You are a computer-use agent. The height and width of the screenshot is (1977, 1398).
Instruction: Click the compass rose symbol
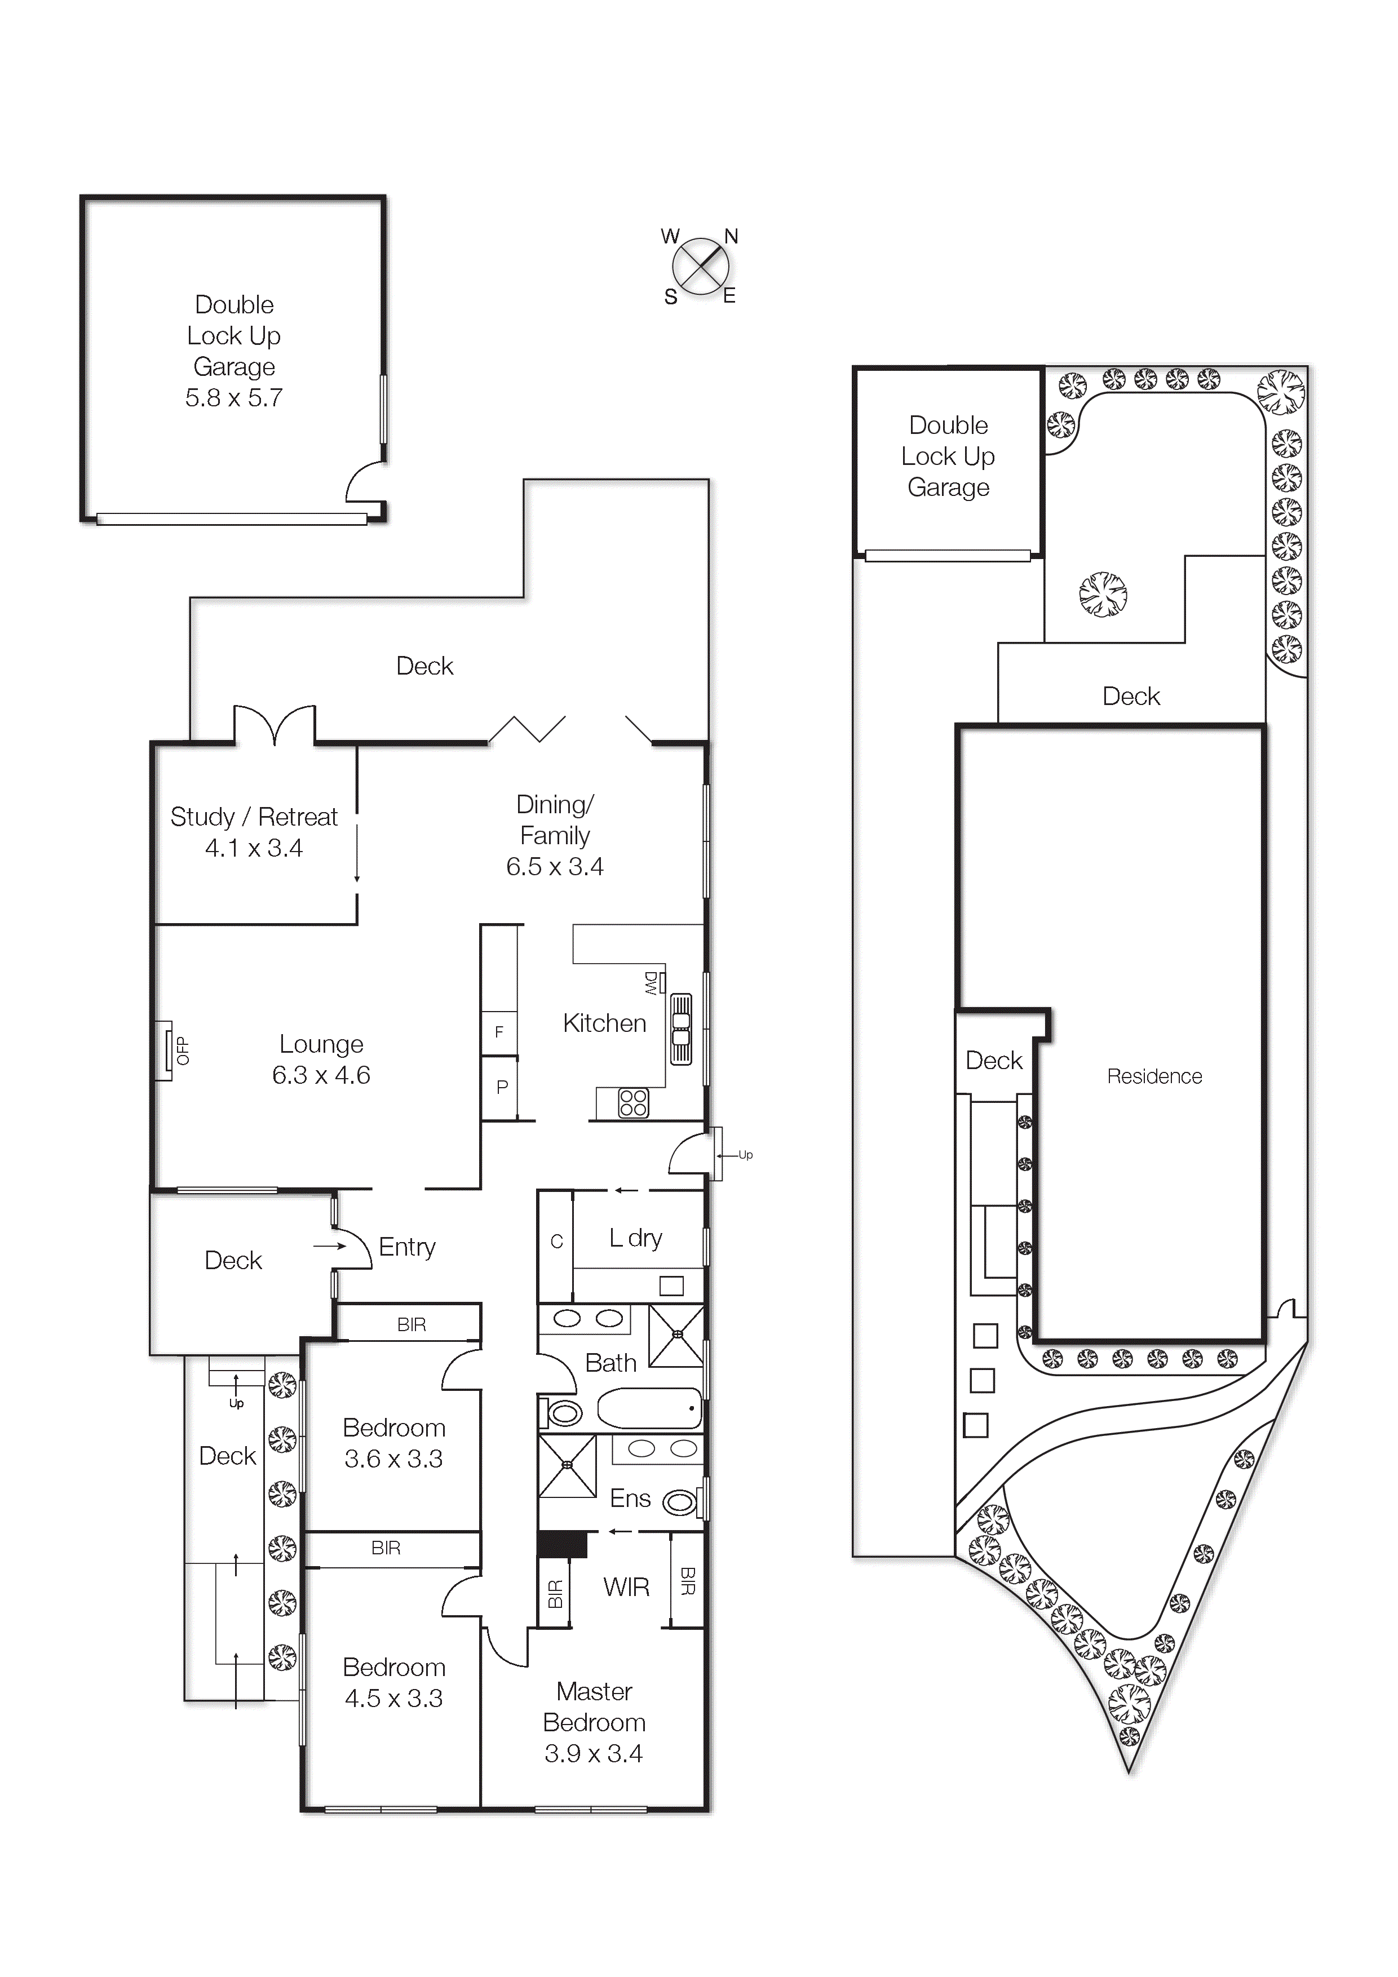700,266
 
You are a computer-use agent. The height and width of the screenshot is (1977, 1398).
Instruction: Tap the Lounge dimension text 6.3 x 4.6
321,1075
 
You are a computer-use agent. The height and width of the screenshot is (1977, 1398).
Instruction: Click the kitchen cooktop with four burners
633,1103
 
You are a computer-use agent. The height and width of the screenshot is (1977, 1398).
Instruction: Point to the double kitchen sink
682,1029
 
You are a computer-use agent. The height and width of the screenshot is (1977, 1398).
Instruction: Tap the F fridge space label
499,1031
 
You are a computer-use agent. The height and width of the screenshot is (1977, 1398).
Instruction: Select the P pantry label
502,1088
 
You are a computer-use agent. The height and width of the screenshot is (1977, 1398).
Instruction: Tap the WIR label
626,1587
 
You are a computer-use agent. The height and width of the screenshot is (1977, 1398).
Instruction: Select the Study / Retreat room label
254,817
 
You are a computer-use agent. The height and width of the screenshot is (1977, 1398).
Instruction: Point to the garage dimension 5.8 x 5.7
235,398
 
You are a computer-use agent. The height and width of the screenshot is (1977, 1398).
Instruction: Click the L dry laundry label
636,1238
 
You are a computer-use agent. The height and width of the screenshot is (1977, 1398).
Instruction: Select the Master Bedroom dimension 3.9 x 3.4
594,1753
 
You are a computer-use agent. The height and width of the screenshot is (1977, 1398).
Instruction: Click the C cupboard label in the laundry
556,1242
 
